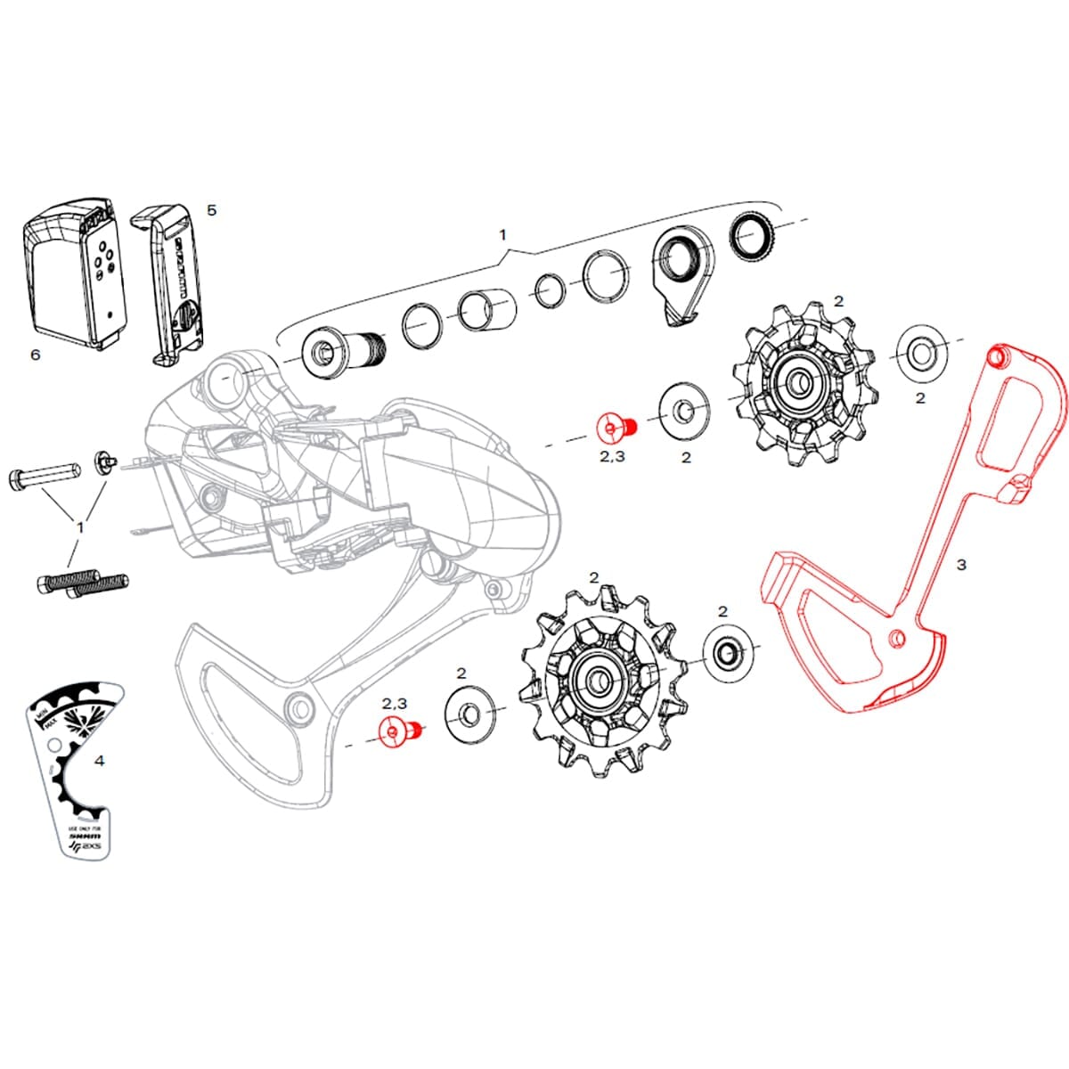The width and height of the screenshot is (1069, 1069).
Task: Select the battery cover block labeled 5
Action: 174,285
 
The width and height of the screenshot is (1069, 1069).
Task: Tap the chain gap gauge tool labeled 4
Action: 71,766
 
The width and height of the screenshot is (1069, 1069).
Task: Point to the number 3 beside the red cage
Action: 961,565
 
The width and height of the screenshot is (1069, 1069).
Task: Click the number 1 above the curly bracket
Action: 502,235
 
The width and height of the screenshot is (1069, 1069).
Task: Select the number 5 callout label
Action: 211,210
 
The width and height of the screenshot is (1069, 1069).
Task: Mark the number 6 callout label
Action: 35,355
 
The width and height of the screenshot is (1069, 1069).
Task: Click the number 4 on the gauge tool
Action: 99,761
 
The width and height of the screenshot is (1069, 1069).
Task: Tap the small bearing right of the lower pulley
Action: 728,651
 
